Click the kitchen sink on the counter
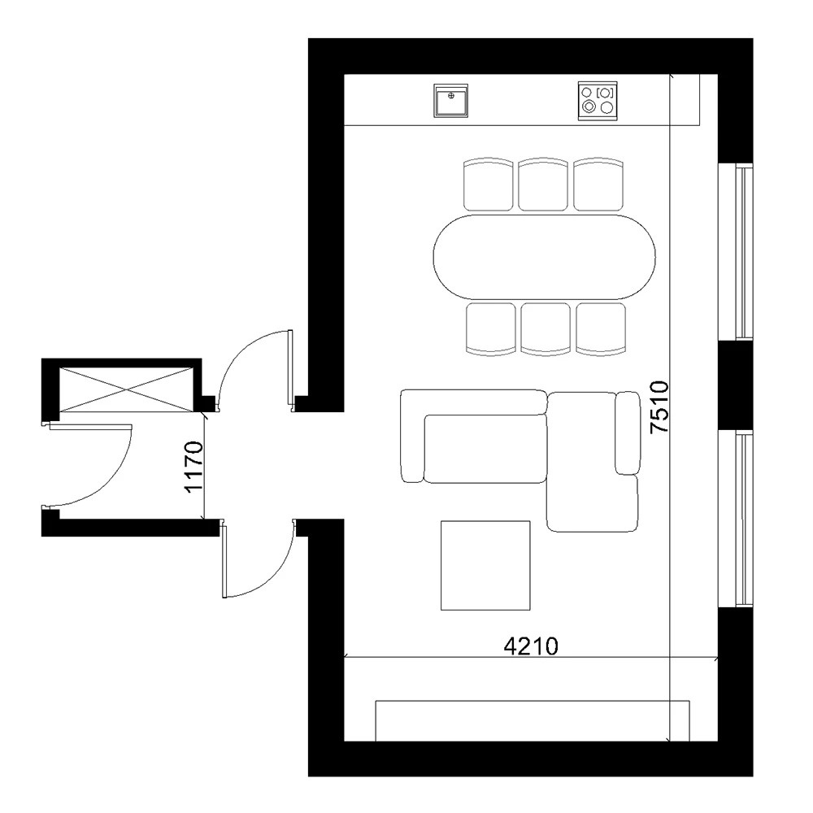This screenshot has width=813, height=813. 452,102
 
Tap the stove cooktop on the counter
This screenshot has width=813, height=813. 598,101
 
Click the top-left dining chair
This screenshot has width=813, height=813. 489,185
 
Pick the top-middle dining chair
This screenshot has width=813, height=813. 544,185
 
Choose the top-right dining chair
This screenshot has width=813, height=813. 598,185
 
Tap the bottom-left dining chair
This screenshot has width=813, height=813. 491,328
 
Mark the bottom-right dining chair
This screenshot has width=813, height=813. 601,328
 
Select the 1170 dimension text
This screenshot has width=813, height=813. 193,467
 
